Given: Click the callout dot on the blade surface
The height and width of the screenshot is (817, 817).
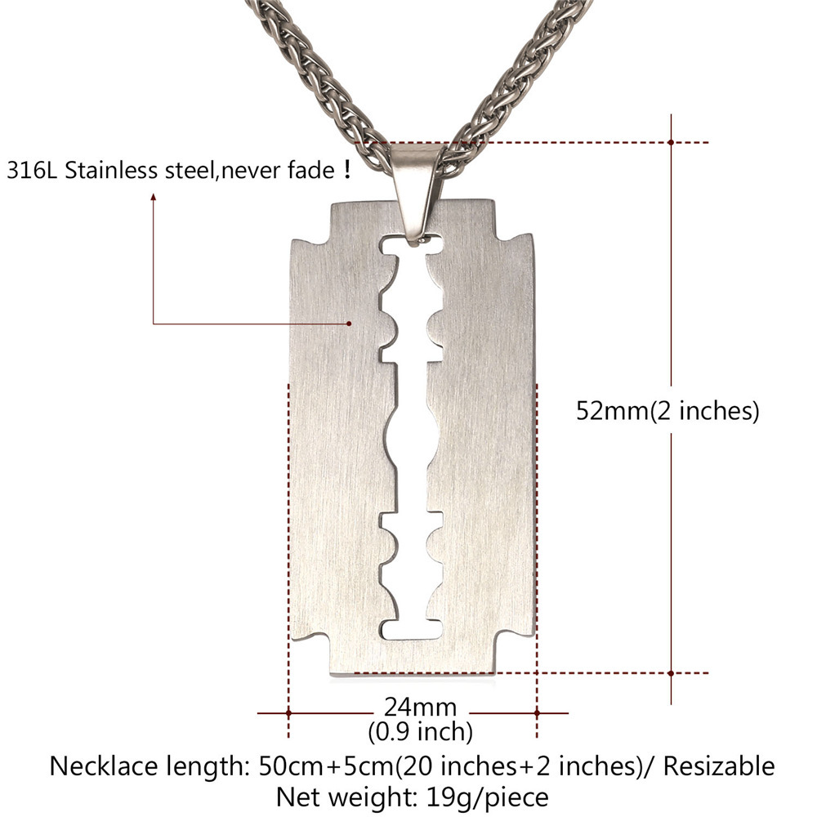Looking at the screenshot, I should point(350,324).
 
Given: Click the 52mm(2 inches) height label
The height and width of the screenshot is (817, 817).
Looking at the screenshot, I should point(667,410).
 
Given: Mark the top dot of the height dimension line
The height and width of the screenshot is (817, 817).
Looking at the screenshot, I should point(671,142).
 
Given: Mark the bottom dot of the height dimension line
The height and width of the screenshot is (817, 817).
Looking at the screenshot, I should point(671,673).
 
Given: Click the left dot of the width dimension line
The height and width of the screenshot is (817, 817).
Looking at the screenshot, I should point(288,712).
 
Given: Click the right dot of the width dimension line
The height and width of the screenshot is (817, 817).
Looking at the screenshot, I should point(537,712).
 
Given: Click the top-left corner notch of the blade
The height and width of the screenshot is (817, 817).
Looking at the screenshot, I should point(310,221).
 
